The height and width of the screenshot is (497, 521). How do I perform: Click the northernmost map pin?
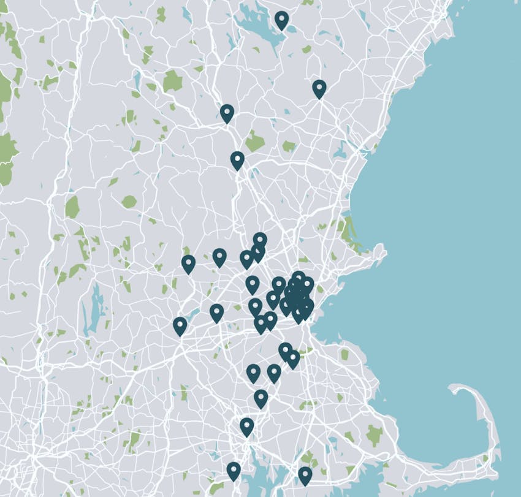[x=281, y=20]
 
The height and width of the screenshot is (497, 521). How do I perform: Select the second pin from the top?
[x=319, y=88]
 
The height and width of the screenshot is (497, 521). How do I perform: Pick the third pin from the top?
[x=227, y=113]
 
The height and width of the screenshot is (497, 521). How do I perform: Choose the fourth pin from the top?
[x=237, y=160]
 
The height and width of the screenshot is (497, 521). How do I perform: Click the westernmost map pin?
[x=180, y=325]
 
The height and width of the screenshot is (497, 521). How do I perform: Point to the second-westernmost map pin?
[x=188, y=264]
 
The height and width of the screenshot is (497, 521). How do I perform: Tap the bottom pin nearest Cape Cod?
[x=305, y=475]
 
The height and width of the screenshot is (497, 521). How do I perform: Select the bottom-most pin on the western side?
[x=233, y=471]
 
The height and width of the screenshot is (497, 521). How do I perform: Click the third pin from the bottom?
[x=246, y=426]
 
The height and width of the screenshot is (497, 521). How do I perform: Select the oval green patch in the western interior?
[x=129, y=202]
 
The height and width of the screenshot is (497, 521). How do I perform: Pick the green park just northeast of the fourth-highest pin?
[x=254, y=142]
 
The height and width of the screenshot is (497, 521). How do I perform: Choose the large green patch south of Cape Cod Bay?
[x=374, y=434]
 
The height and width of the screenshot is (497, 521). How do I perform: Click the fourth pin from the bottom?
[x=261, y=398]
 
